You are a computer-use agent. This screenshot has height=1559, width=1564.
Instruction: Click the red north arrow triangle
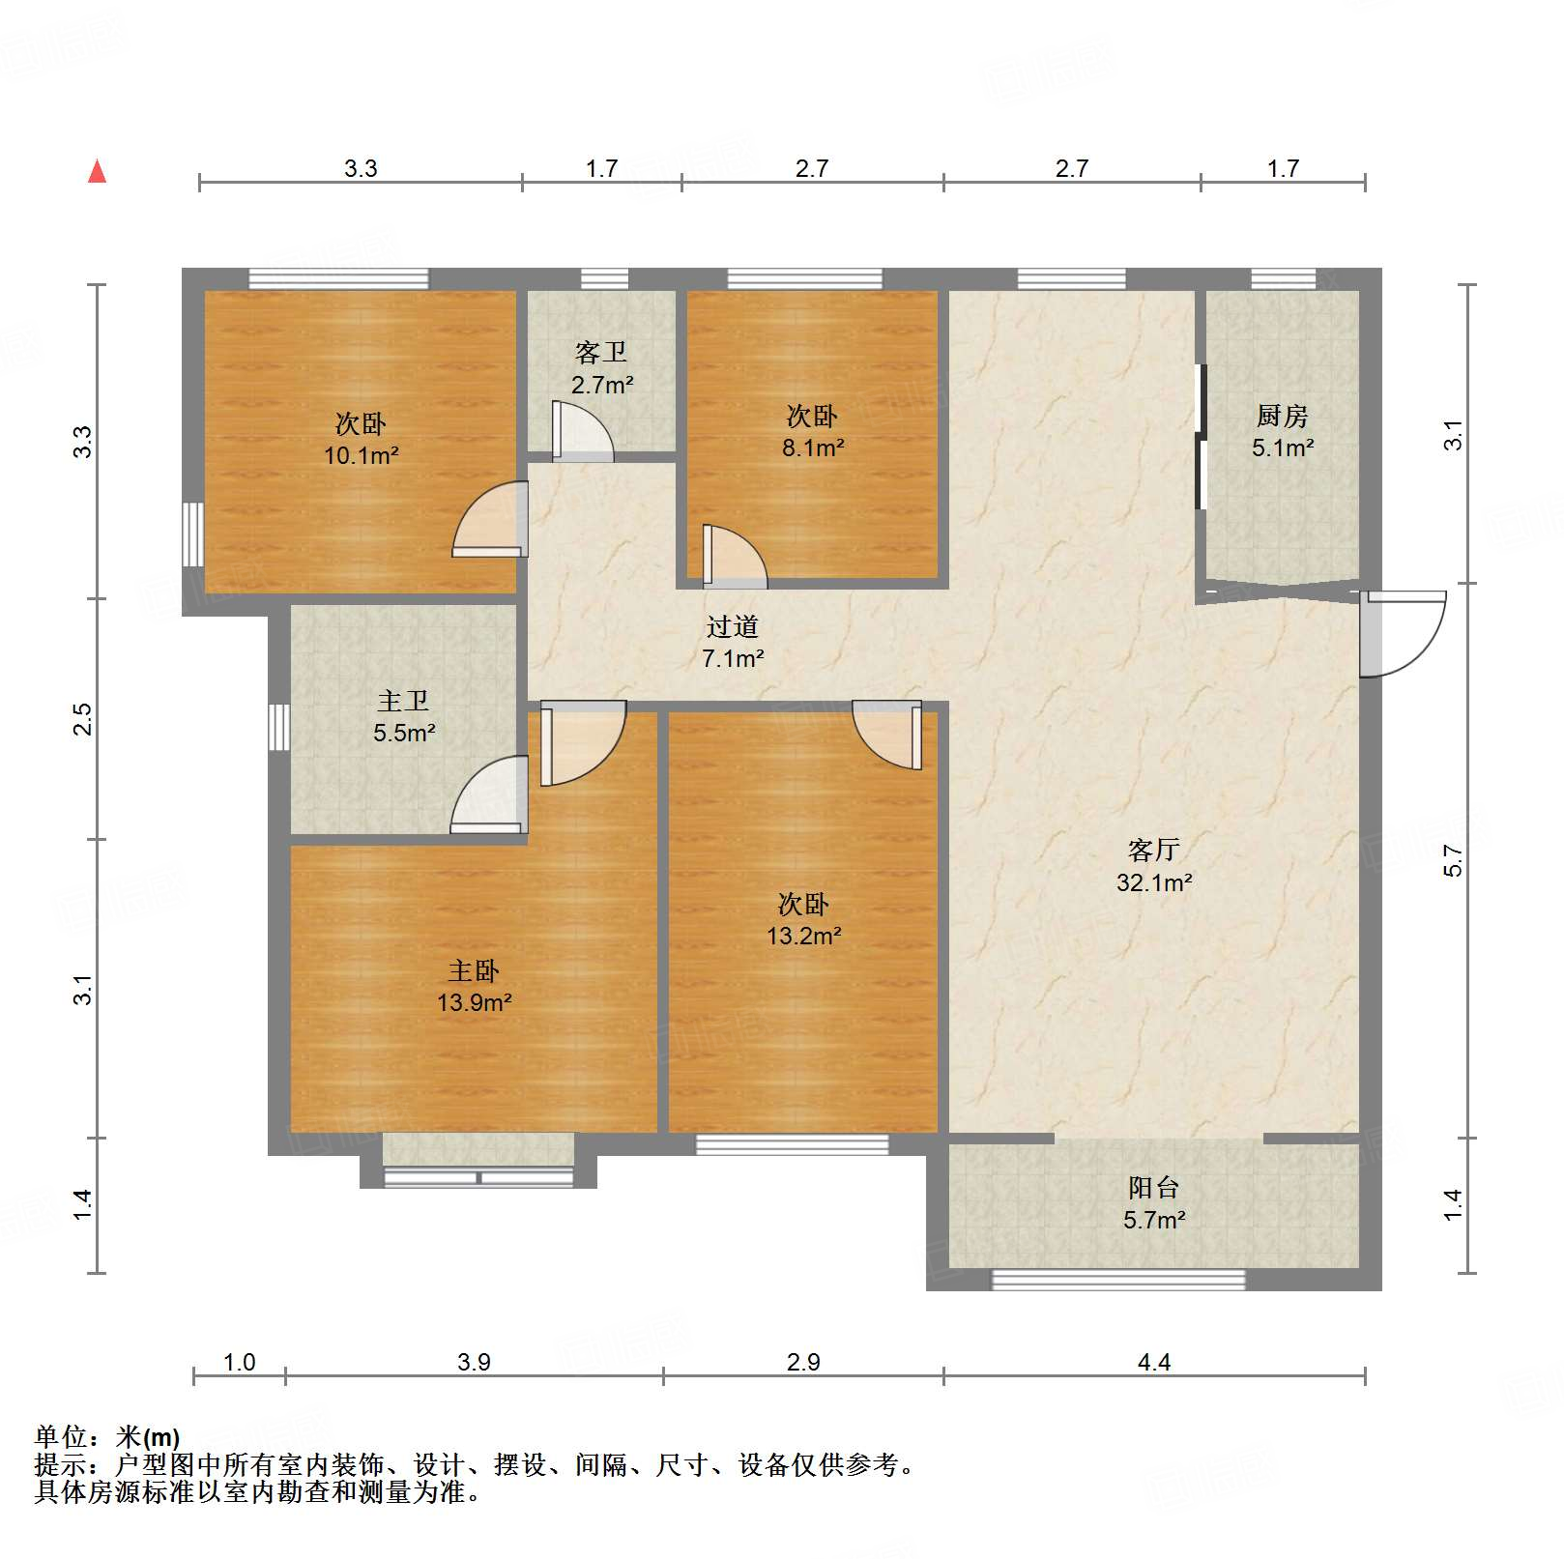point(97,172)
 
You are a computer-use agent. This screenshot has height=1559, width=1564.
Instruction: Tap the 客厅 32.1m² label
point(1153,866)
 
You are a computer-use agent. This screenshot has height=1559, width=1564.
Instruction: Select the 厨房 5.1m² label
point(1282,432)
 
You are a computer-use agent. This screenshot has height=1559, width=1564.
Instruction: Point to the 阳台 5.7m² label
point(1153,1203)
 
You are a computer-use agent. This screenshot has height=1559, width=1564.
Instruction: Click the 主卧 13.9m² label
point(474,987)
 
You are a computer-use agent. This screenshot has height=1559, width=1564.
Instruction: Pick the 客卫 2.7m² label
point(601,368)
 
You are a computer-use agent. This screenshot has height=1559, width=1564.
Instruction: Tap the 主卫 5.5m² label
point(404,716)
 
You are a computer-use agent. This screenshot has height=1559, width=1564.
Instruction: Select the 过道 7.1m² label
point(732,643)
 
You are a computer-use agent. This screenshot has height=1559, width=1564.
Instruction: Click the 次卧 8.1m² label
point(812,432)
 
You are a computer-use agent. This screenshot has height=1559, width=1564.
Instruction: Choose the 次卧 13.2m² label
point(803,920)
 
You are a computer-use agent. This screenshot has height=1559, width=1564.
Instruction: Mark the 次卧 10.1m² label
point(361,440)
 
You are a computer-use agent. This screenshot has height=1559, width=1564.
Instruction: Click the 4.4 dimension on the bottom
point(1153,1362)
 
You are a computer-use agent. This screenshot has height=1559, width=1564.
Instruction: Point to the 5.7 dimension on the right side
point(1453,859)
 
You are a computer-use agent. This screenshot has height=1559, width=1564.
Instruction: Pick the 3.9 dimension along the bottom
point(474,1362)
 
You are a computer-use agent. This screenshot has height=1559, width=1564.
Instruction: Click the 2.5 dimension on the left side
point(83,718)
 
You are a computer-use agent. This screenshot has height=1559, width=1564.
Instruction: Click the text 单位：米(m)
point(107,1437)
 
